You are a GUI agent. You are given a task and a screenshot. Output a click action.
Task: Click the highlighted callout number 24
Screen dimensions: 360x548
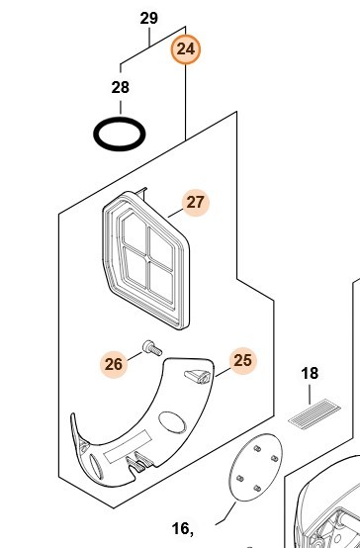pyautogui.click(x=186, y=49)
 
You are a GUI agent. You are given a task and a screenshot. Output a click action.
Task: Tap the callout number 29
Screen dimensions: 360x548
pyautogui.click(x=149, y=18)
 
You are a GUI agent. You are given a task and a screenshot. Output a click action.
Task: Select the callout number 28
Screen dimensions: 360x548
pyautogui.click(x=121, y=87)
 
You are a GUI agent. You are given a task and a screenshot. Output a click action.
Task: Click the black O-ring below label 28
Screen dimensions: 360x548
pyautogui.click(x=120, y=134)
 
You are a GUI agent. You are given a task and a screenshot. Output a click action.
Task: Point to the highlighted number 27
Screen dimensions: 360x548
pyautogui.click(x=196, y=203)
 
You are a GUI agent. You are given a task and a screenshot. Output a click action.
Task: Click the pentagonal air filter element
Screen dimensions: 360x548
pyautogui.click(x=146, y=259)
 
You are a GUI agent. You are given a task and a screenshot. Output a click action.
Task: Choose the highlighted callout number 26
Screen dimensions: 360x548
pyautogui.click(x=114, y=364)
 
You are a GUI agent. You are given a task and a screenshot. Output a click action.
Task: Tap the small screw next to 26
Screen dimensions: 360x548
pyautogui.click(x=152, y=348)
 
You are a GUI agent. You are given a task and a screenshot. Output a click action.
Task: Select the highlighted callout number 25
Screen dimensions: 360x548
pyautogui.click(x=243, y=361)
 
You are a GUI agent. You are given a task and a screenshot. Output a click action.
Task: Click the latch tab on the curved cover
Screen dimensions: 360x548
pyautogui.click(x=198, y=376)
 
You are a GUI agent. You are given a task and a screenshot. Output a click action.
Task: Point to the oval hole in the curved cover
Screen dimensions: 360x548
pyautogui.click(x=172, y=422)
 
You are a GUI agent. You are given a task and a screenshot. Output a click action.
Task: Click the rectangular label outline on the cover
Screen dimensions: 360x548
pyautogui.click(x=128, y=447)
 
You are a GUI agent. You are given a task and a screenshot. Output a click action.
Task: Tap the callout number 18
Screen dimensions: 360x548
pyautogui.click(x=310, y=373)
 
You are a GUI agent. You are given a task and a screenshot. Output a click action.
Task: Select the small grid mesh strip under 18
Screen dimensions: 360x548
pyautogui.click(x=315, y=412)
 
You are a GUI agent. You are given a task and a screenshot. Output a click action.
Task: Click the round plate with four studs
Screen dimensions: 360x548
pyautogui.click(x=255, y=468)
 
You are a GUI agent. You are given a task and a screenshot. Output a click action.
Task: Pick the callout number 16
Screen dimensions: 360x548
pyautogui.click(x=180, y=529)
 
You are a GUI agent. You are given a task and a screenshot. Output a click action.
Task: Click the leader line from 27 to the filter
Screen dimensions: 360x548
pyautogui.click(x=175, y=213)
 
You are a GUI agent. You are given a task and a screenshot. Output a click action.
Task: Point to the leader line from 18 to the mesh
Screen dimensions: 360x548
pyautogui.click(x=310, y=395)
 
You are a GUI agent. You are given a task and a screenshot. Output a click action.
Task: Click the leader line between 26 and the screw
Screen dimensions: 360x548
pyautogui.click(x=135, y=356)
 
